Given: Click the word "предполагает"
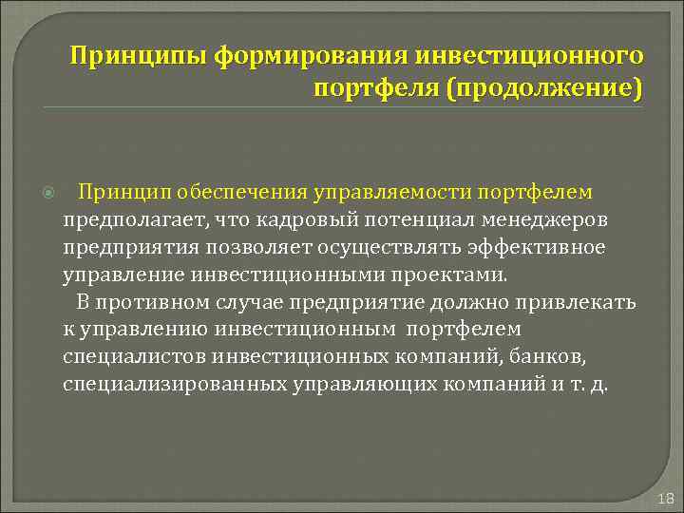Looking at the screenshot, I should tap(132, 220).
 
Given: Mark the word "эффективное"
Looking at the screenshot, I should tap(542, 248).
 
